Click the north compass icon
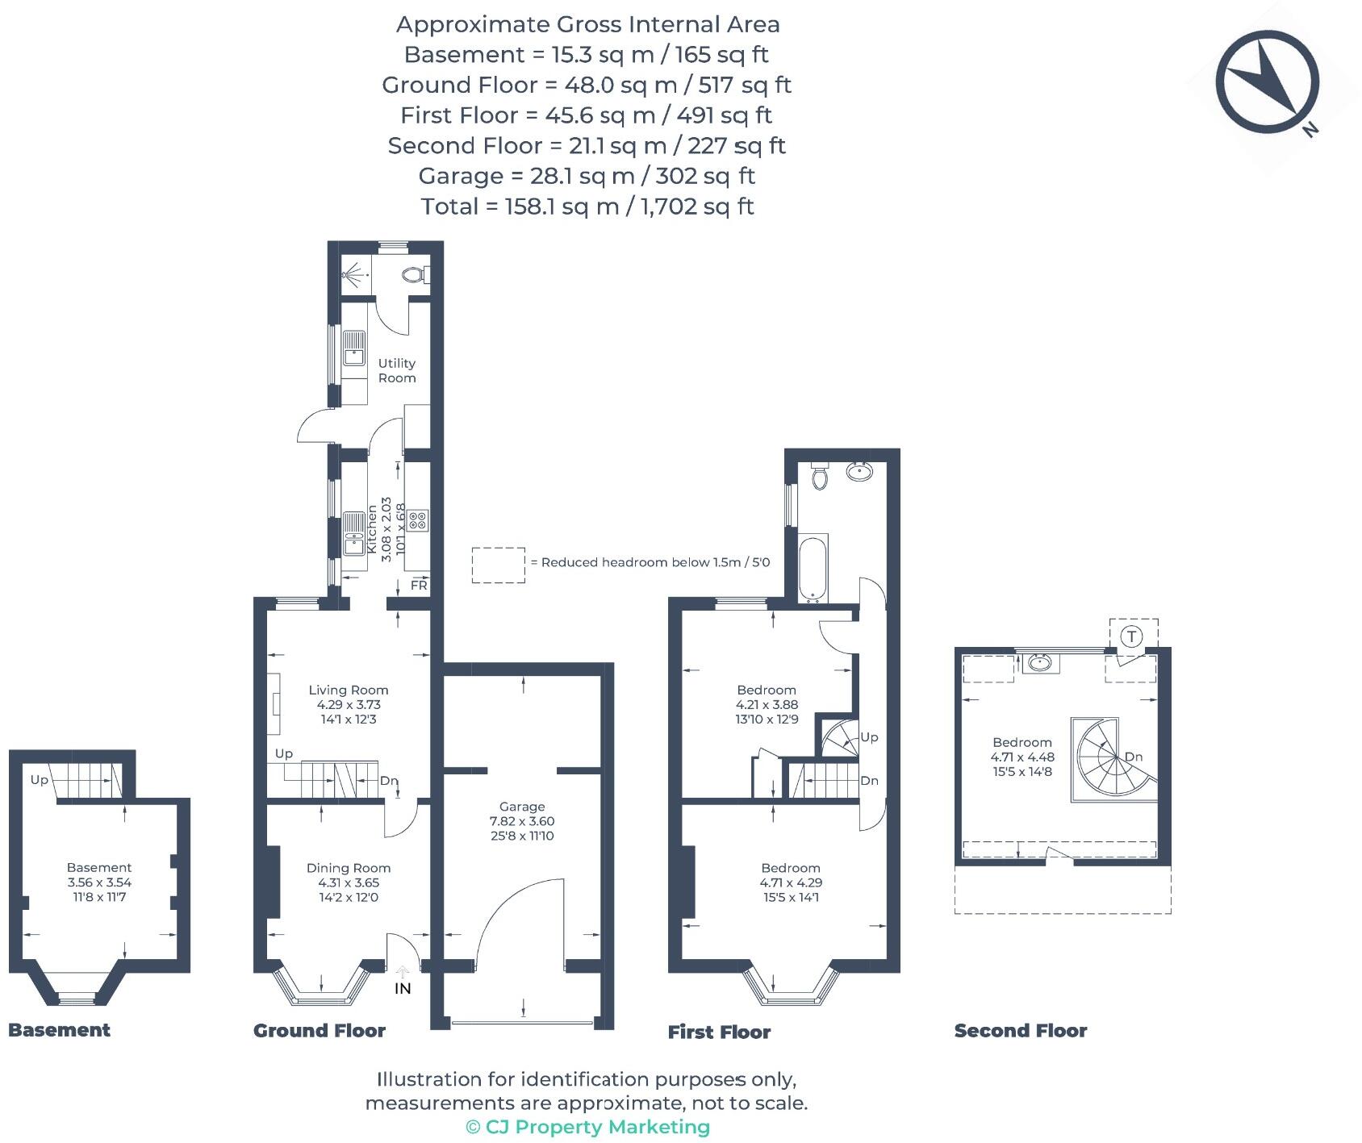[x=1267, y=81]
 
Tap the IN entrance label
[x=403, y=988]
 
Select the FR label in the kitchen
[x=419, y=586]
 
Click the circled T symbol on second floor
[x=1132, y=636]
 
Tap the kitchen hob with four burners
[x=417, y=520]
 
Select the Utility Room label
[x=397, y=370]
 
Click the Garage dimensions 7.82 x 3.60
[x=522, y=821]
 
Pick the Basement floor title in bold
[x=59, y=1030]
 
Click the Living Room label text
[x=349, y=690]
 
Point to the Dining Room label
[x=349, y=868]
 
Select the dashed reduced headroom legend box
[x=498, y=565]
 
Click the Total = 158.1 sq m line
[x=587, y=206]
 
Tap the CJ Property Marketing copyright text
[x=587, y=1127]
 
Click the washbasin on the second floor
[x=1040, y=664]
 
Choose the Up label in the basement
[x=39, y=780]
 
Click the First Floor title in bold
[x=719, y=1032]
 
